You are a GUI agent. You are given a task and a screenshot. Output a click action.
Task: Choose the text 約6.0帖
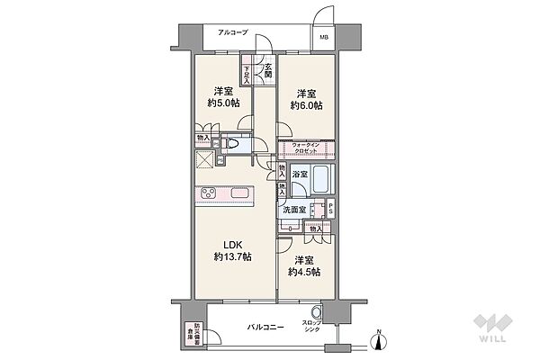coord(306,105)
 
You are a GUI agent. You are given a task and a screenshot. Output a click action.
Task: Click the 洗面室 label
coord(293,210)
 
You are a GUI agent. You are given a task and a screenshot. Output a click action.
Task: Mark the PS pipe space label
coord(330,210)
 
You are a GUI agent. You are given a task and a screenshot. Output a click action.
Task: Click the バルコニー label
coord(265,328)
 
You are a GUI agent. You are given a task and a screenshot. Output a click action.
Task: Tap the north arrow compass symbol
coord(380,338)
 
